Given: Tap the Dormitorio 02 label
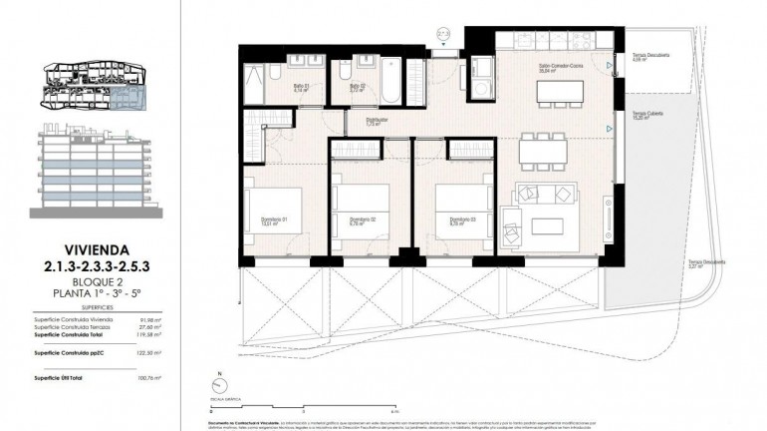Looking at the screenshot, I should [362, 220].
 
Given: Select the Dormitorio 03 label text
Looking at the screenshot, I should [461, 220].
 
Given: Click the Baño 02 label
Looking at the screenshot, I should [357, 88].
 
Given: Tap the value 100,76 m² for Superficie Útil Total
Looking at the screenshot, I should [148, 378].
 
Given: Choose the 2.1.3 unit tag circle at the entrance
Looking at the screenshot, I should [443, 34].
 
